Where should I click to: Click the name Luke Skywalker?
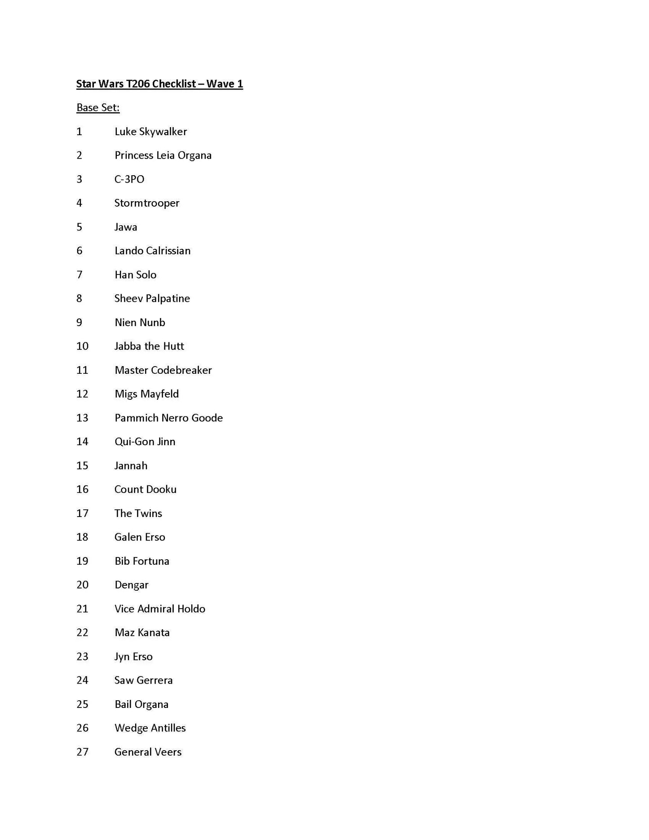150,132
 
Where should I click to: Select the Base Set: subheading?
98,108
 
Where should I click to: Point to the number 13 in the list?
82,418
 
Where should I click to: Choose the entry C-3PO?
129,179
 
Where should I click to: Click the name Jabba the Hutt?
149,346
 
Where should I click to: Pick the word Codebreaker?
181,370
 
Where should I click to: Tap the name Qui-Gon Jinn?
145,442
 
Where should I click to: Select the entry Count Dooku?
145,489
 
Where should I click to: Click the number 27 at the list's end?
82,752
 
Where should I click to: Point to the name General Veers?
148,752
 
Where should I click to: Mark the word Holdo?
191,609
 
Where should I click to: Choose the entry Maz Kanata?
142,632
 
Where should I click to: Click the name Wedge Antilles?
150,728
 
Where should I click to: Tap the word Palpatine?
168,299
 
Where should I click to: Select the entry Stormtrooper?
147,203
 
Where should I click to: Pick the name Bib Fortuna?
142,561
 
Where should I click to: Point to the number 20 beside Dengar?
82,585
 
